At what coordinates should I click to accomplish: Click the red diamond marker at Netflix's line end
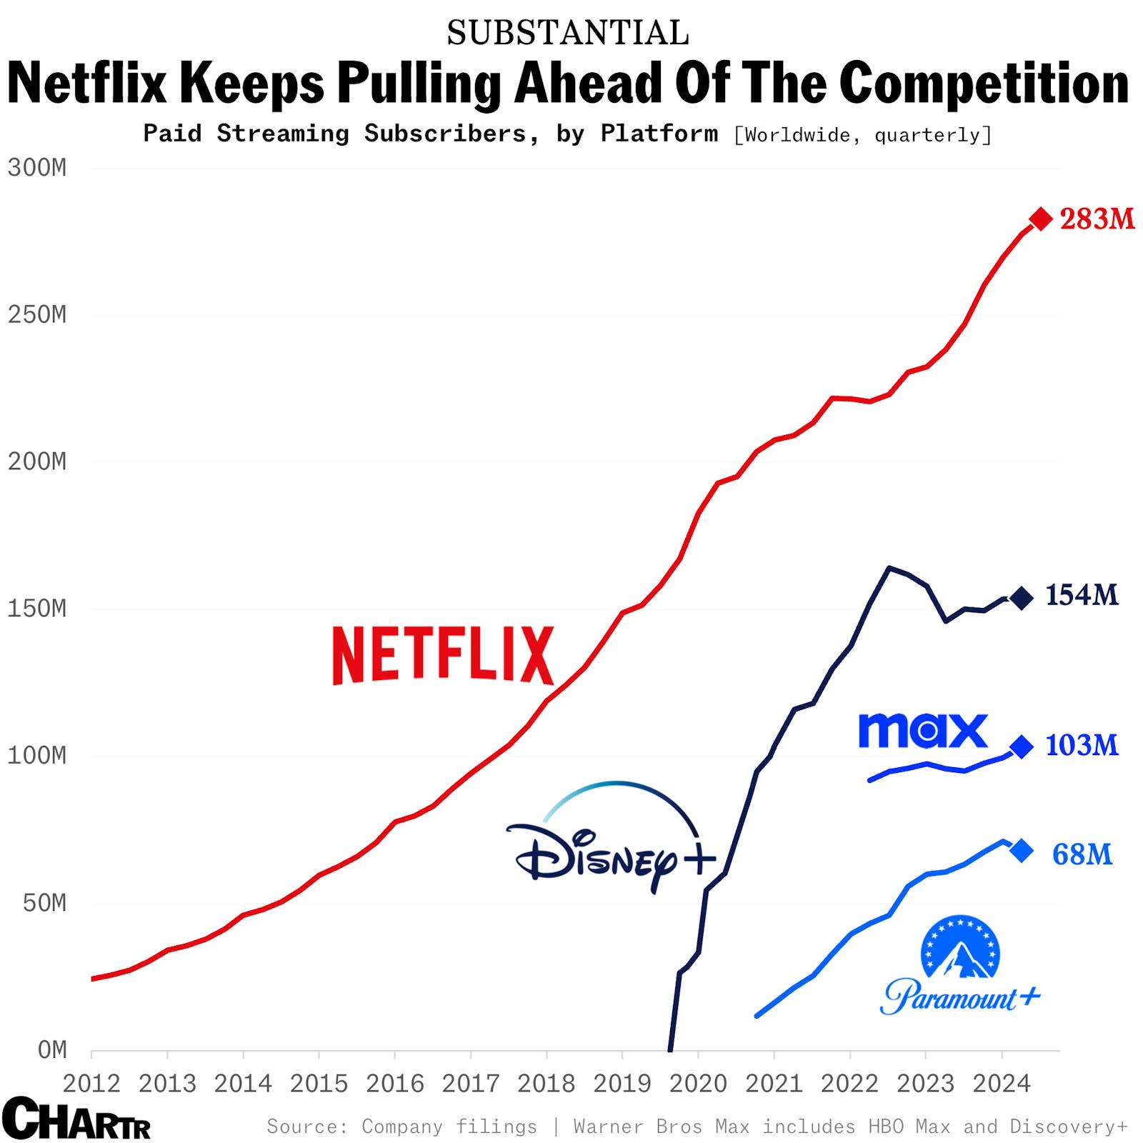click(1041, 219)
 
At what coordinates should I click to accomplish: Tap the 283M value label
click(1097, 219)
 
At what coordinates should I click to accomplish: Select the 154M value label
click(1082, 594)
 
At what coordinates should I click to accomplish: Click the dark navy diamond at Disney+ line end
click(1022, 598)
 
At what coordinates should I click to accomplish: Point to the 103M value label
click(1082, 745)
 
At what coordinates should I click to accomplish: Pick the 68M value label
click(1082, 854)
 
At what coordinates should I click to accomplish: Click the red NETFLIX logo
click(443, 655)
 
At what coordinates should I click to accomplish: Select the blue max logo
click(923, 730)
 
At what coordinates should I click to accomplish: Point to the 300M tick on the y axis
click(37, 168)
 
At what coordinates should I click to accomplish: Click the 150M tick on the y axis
click(37, 609)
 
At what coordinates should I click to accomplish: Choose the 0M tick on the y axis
click(51, 1049)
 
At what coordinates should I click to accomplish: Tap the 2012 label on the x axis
click(91, 1084)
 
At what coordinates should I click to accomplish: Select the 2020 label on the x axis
click(698, 1084)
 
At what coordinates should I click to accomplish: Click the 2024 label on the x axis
click(1002, 1084)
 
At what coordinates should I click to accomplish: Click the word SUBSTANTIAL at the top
click(568, 33)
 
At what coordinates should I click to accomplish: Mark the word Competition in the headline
click(984, 83)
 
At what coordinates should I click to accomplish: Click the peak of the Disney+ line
click(889, 568)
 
